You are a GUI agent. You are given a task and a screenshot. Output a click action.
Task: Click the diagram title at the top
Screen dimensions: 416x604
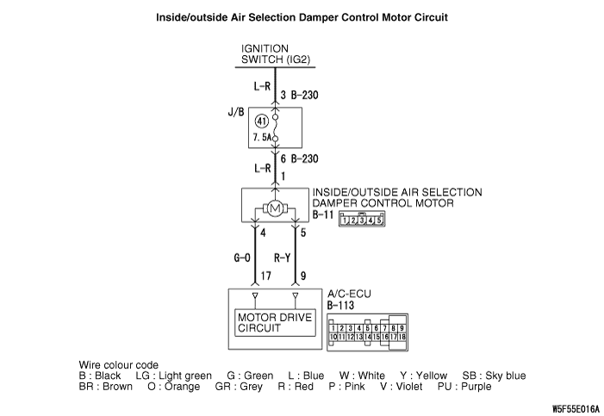coord(302,17)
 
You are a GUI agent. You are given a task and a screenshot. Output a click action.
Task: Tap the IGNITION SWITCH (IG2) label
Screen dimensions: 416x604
coord(276,53)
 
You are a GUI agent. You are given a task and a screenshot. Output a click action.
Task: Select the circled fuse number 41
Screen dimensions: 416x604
coord(262,121)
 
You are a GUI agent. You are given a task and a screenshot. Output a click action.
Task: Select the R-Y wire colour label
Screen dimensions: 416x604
coord(283,256)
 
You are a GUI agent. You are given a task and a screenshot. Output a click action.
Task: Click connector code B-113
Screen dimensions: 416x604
coord(344,305)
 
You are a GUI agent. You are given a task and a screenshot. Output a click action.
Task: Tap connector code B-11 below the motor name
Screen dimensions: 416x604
coord(324,215)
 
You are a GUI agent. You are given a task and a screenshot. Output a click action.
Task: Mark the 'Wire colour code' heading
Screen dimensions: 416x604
coord(119,364)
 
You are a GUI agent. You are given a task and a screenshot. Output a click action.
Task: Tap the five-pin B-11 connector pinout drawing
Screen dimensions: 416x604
coord(362,219)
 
